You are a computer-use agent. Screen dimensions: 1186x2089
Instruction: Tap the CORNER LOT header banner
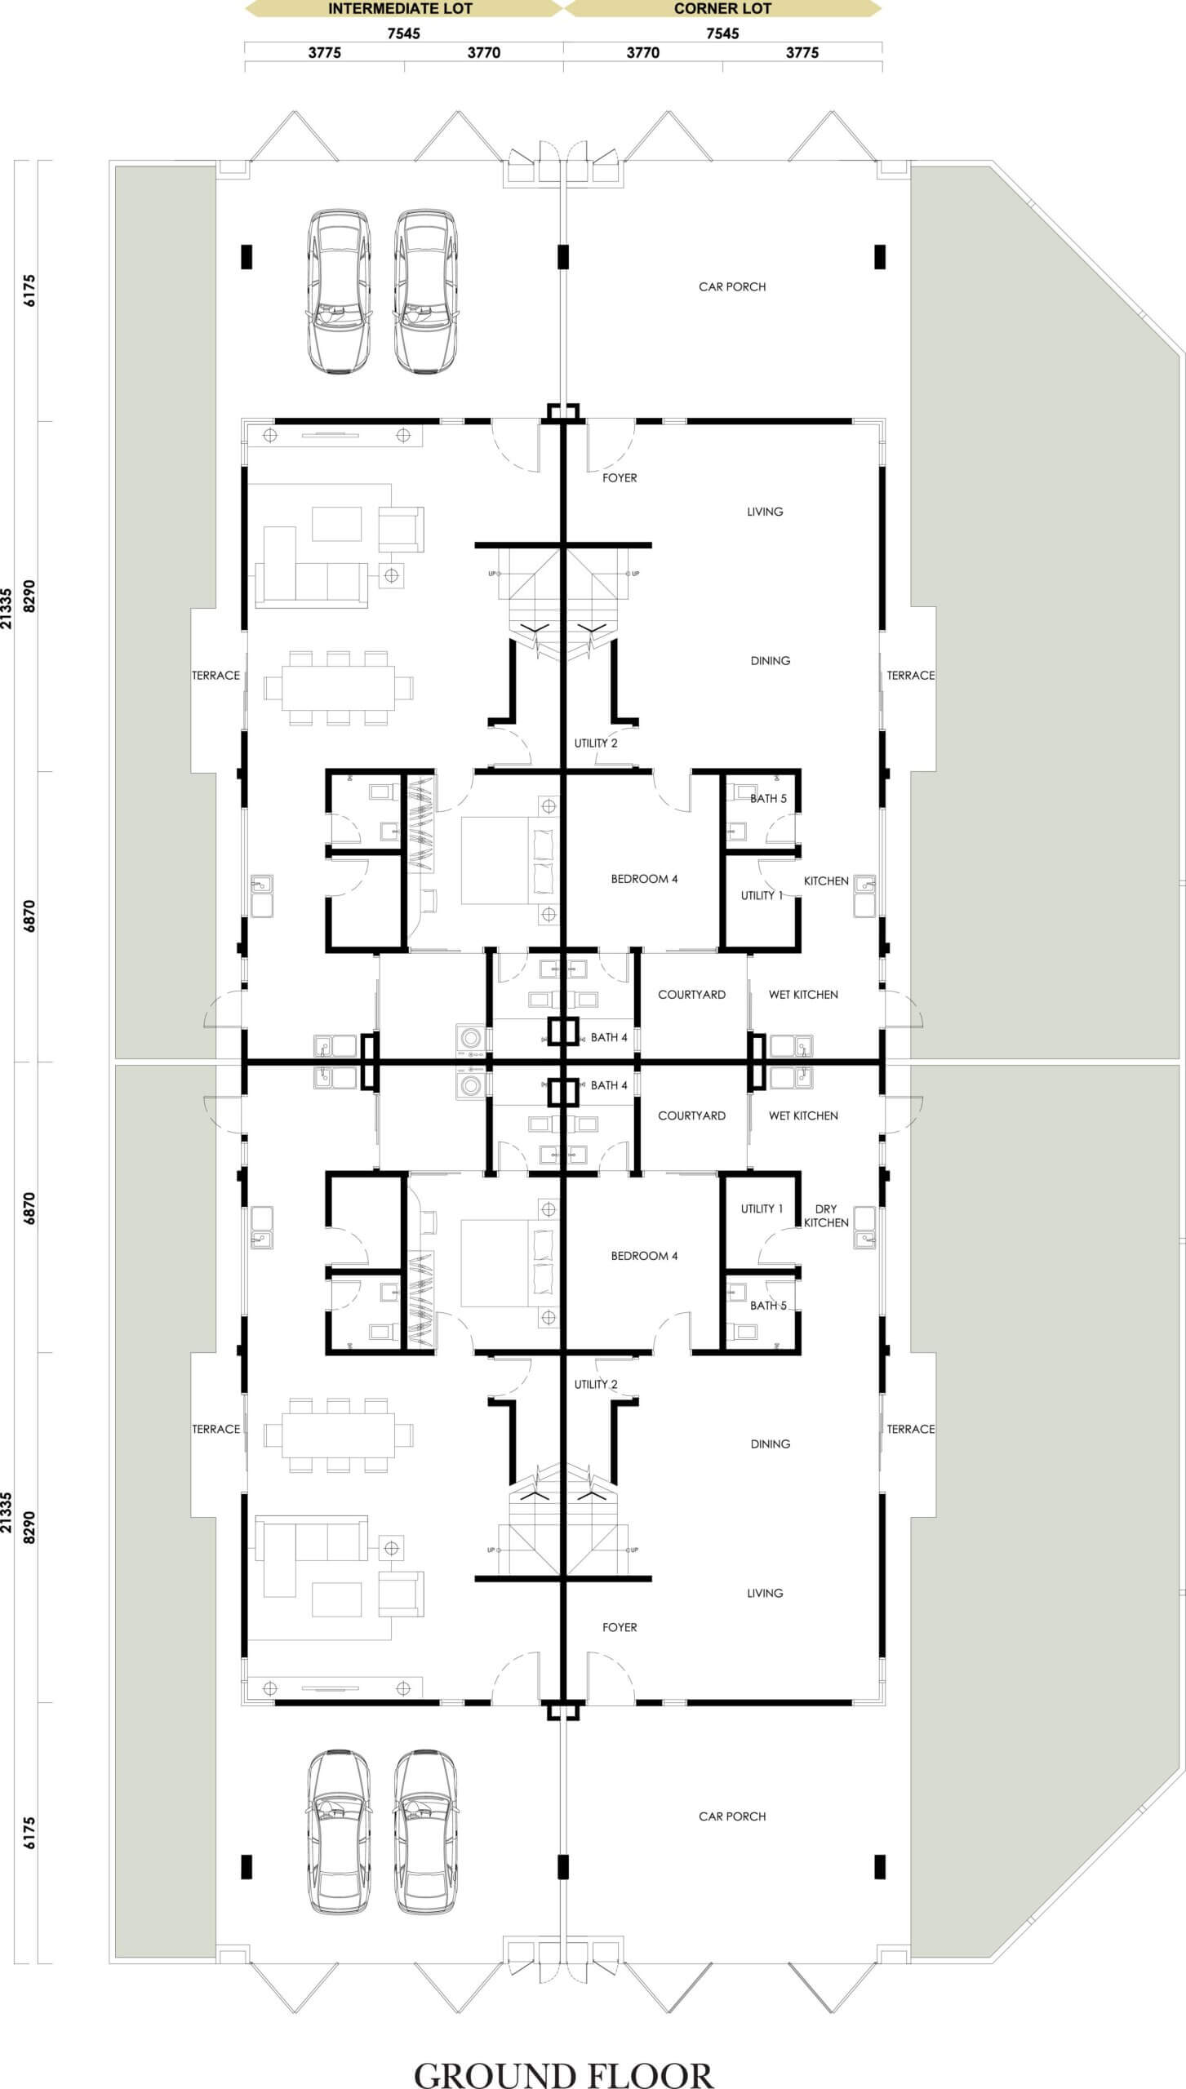[722, 9]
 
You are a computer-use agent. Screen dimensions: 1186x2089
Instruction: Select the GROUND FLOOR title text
[563, 2069]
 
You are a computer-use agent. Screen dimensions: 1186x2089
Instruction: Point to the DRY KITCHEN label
[826, 1215]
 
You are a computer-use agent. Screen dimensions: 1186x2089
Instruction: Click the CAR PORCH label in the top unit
[732, 286]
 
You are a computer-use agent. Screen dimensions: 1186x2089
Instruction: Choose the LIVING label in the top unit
[765, 512]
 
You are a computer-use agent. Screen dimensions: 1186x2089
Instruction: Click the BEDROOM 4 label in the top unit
[644, 879]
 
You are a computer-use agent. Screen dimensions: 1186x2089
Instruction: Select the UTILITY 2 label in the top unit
[596, 743]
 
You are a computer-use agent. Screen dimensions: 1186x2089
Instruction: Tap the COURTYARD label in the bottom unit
[691, 1115]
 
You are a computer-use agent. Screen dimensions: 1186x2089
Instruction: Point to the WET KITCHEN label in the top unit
[803, 995]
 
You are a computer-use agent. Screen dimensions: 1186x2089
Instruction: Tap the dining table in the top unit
[338, 688]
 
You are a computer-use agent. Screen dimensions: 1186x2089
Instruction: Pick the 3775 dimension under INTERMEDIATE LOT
[325, 53]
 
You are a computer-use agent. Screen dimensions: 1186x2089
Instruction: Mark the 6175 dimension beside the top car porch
[30, 291]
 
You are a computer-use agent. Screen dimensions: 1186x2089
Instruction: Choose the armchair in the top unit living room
[401, 530]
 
